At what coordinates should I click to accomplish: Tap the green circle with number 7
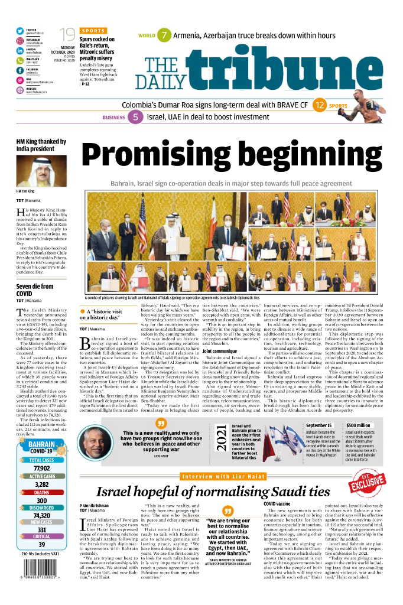(164, 35)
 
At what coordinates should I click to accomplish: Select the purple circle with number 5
(135, 117)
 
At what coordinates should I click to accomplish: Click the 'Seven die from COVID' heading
(34, 290)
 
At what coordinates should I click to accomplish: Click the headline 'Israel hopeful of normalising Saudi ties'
(213, 492)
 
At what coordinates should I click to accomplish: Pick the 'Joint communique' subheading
(220, 351)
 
